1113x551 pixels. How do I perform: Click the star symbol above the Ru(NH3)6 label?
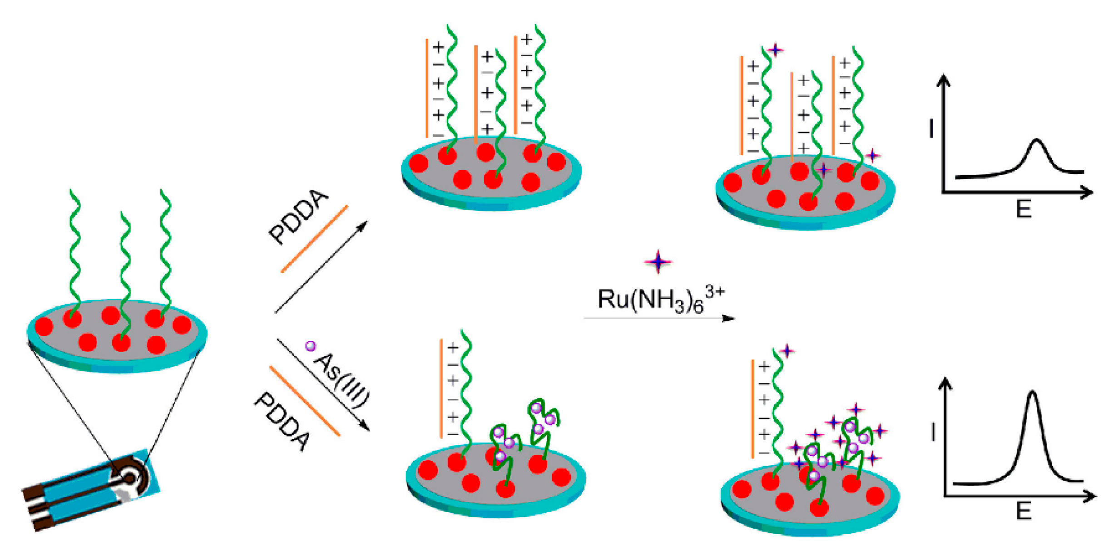[x=658, y=262]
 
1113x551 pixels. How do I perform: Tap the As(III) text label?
[x=343, y=380]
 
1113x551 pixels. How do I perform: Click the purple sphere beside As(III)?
[x=310, y=346]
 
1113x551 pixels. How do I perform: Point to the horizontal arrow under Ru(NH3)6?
[x=658, y=318]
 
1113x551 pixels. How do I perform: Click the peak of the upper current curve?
[x=1036, y=141]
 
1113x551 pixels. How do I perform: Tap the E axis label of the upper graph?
[x=1024, y=209]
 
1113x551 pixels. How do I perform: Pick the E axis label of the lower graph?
[x=1024, y=512]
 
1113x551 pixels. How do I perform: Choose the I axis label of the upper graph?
[x=931, y=128]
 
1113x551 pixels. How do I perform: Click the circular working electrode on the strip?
[x=130, y=478]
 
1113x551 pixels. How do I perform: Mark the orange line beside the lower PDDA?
[x=305, y=401]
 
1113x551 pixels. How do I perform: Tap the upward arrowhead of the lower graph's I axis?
[x=945, y=384]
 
